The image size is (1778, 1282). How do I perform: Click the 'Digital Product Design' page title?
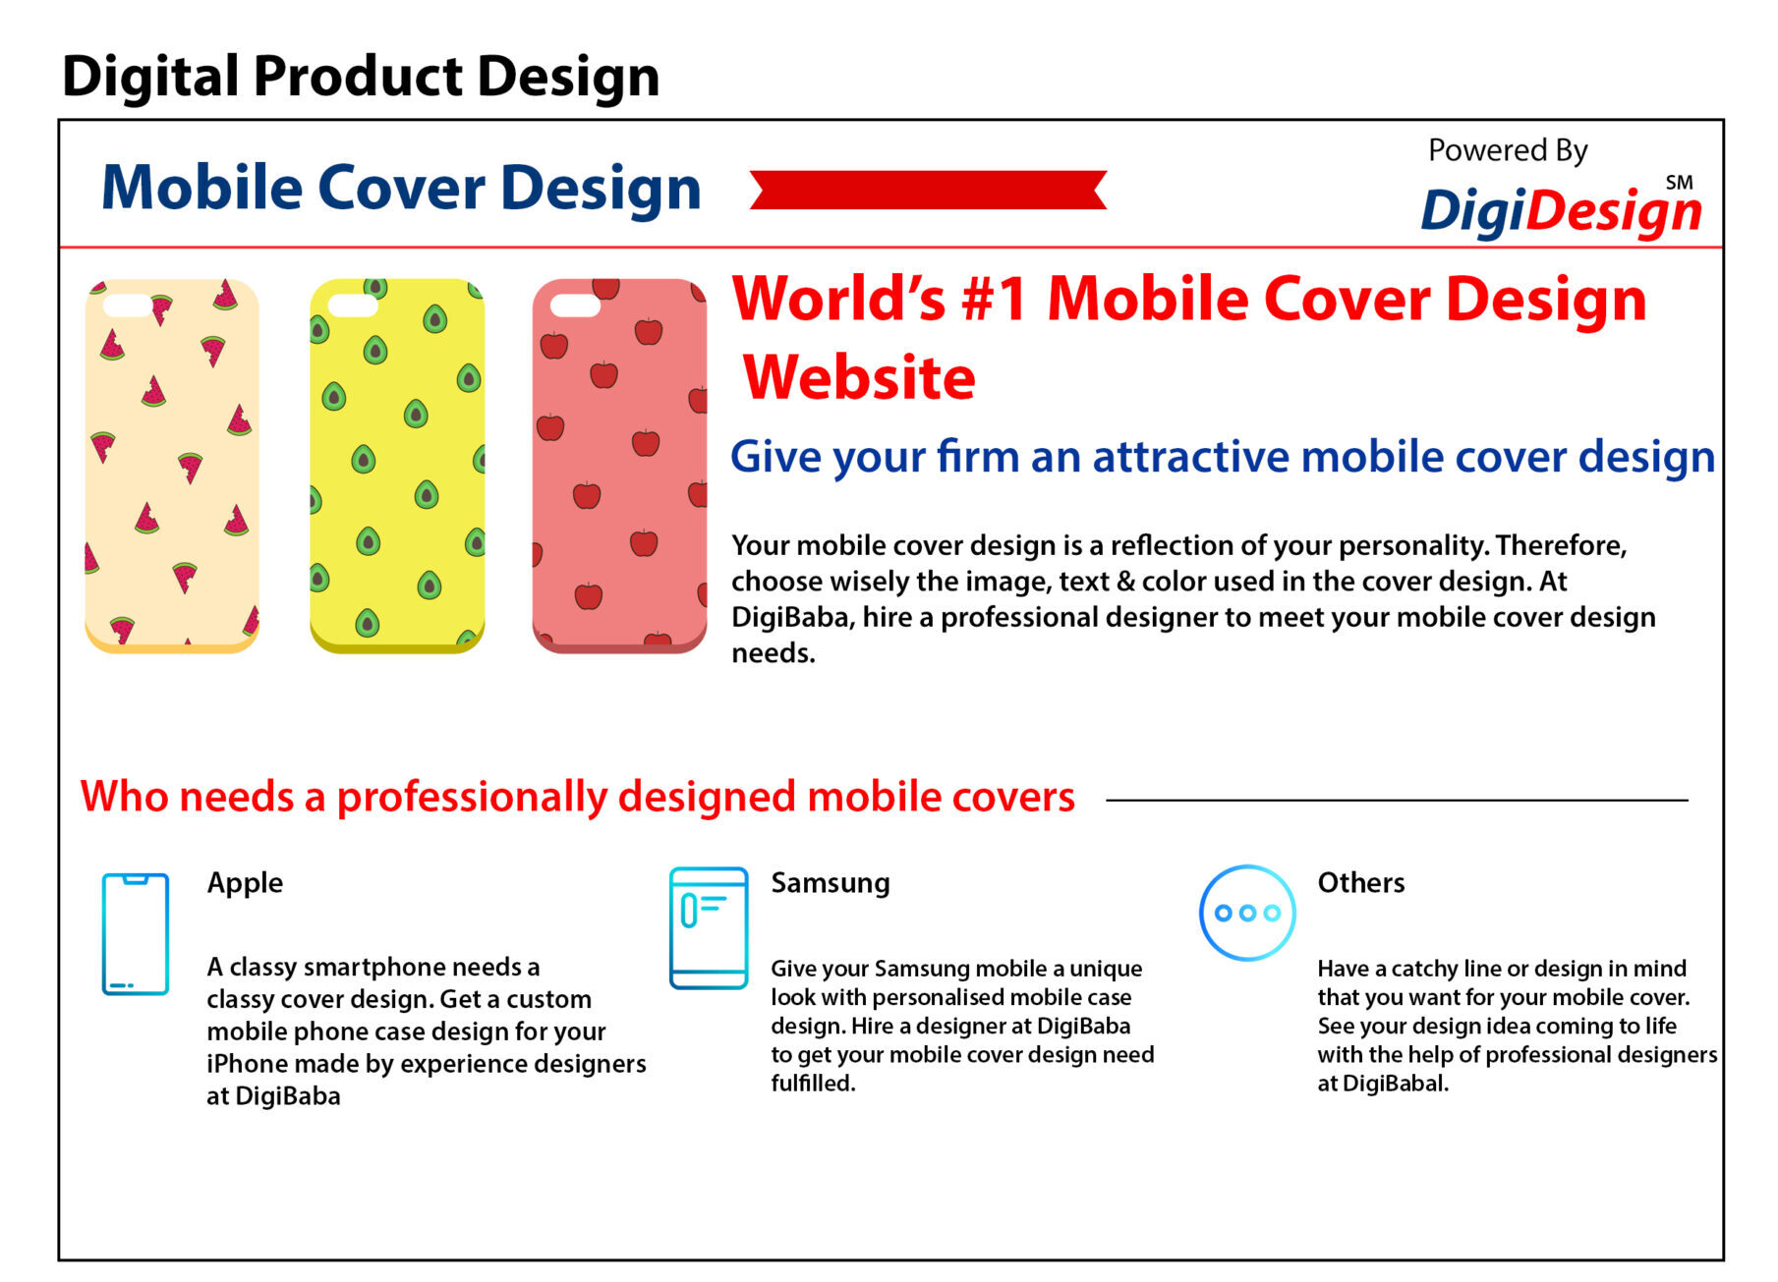pyautogui.click(x=361, y=78)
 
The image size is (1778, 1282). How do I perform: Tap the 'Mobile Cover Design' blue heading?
pyautogui.click(x=401, y=188)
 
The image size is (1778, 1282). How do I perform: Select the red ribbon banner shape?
pyautogui.click(x=928, y=190)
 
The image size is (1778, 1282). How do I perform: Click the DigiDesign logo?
pyautogui.click(x=1561, y=210)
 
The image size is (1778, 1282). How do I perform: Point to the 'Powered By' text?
pyautogui.click(x=1508, y=150)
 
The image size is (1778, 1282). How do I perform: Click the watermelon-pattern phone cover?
pyautogui.click(x=172, y=466)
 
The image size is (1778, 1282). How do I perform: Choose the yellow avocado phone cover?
pyautogui.click(x=397, y=466)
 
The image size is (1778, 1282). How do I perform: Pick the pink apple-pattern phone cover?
pyautogui.click(x=619, y=466)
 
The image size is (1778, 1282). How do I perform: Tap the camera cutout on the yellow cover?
pyautogui.click(x=353, y=306)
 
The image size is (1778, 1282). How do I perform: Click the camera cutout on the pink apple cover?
pyautogui.click(x=575, y=306)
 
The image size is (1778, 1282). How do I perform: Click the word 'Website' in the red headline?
pyautogui.click(x=859, y=377)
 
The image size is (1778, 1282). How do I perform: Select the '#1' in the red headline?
pyautogui.click(x=995, y=299)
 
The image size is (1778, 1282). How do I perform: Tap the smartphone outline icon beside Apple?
pyautogui.click(x=136, y=934)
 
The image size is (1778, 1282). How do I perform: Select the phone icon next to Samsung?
pyautogui.click(x=709, y=928)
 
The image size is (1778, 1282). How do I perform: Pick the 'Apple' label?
pyautogui.click(x=245, y=883)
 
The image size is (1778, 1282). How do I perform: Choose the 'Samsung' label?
pyautogui.click(x=831, y=883)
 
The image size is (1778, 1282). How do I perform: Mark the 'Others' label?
pyautogui.click(x=1361, y=882)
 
